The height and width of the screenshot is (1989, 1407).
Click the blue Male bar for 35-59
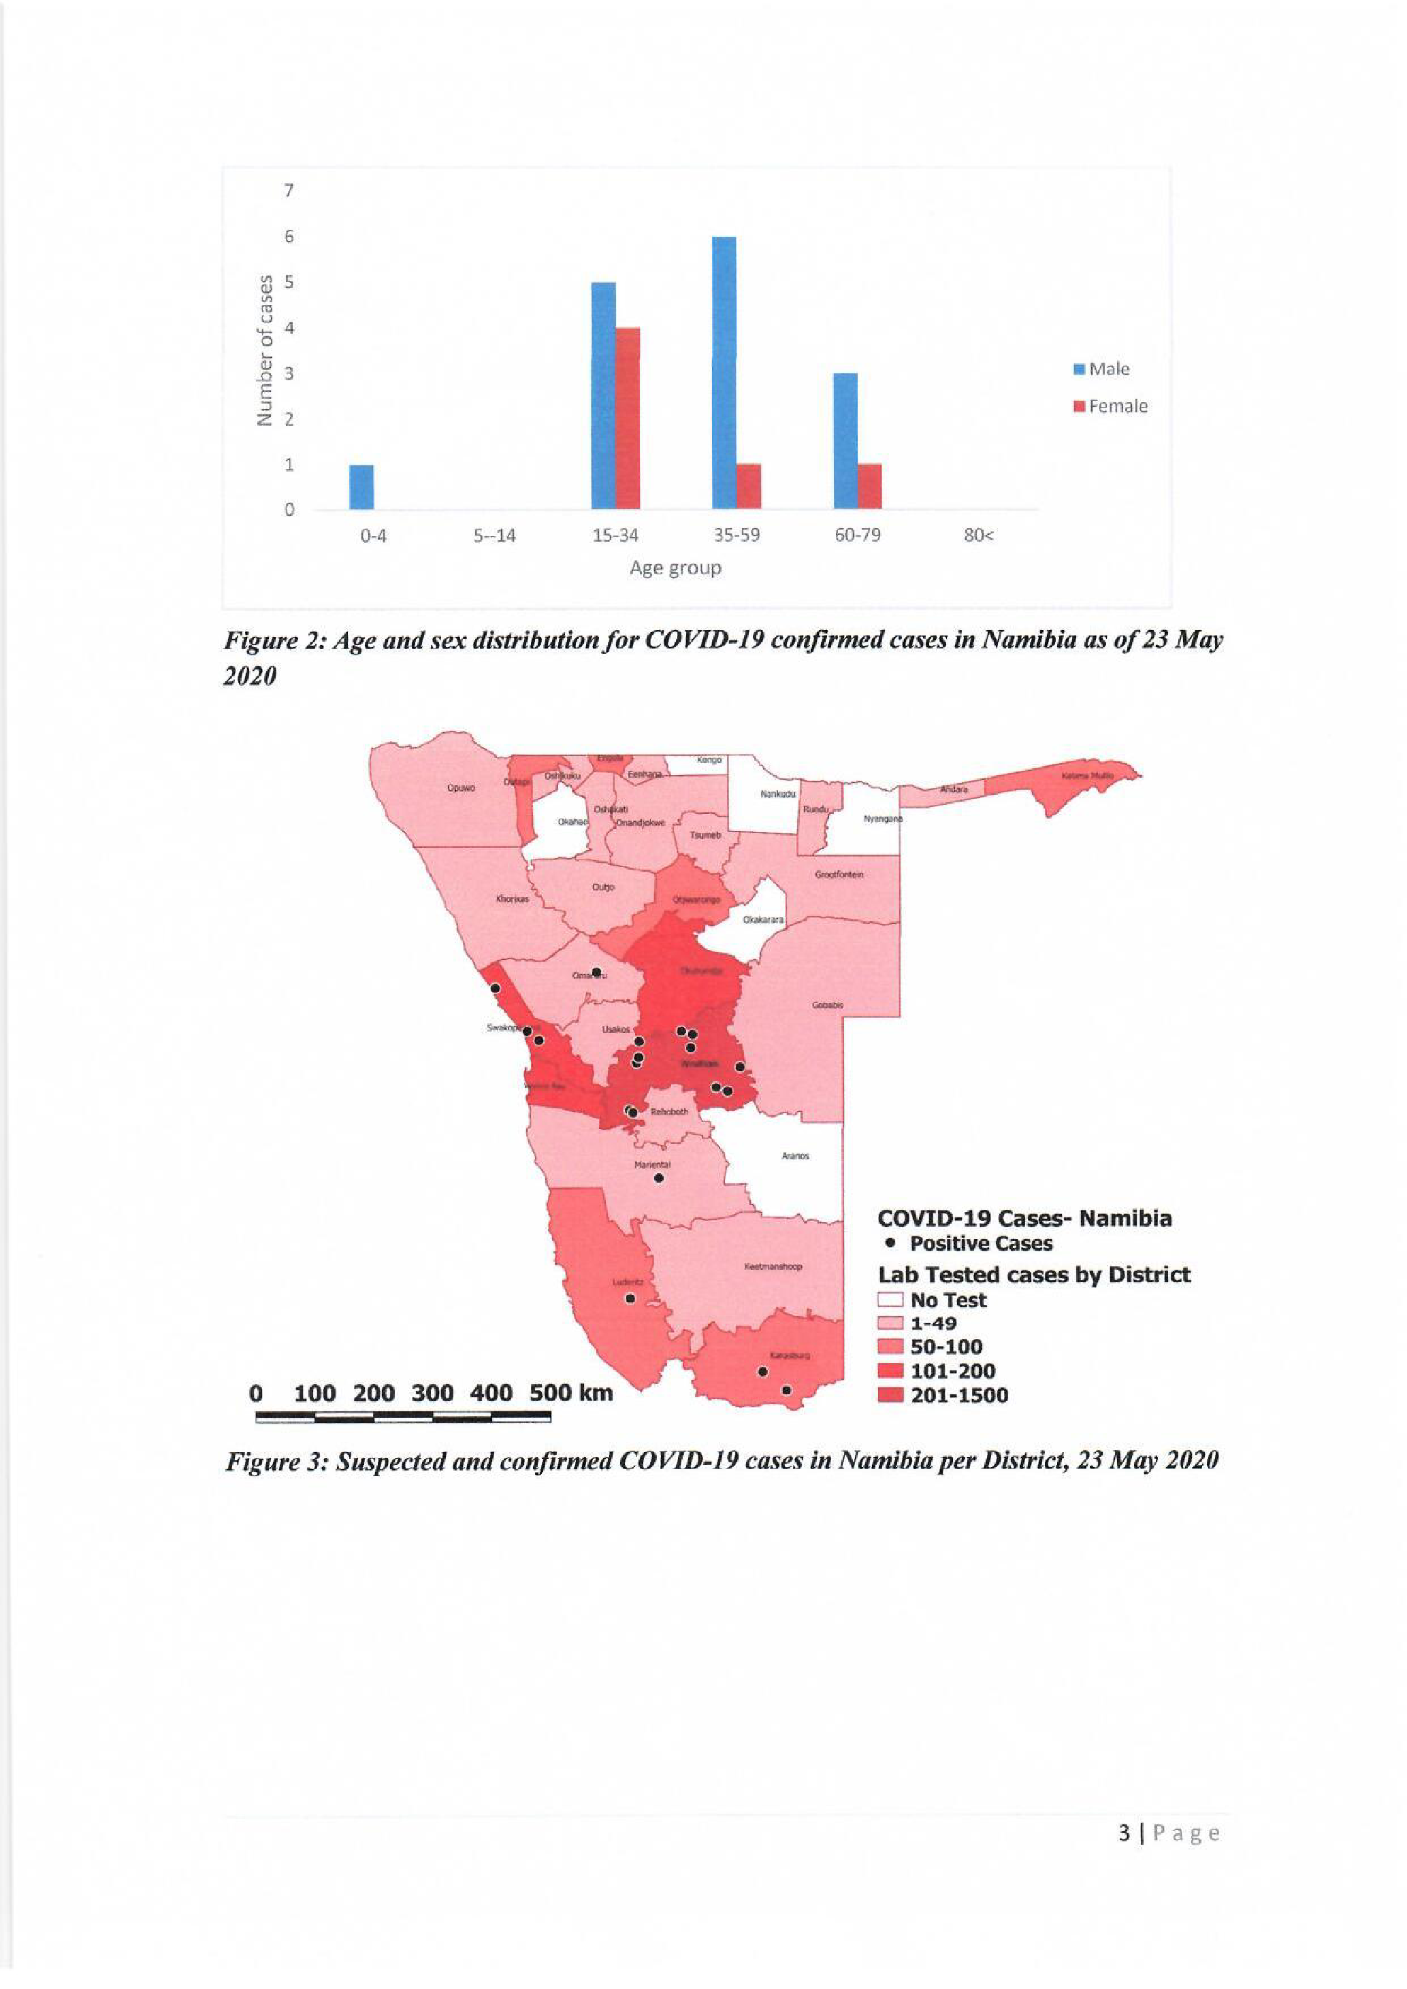[x=724, y=372]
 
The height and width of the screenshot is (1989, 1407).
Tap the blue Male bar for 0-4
[x=361, y=487]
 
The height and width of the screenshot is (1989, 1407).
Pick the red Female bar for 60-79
[x=870, y=486]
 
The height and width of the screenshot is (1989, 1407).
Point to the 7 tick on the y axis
[x=289, y=190]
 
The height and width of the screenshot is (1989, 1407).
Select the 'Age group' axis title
[x=675, y=568]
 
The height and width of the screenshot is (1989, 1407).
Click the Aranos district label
[x=794, y=1155]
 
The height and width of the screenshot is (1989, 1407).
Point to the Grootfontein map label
[x=839, y=875]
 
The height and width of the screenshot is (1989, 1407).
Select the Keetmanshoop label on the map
[x=774, y=1266]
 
